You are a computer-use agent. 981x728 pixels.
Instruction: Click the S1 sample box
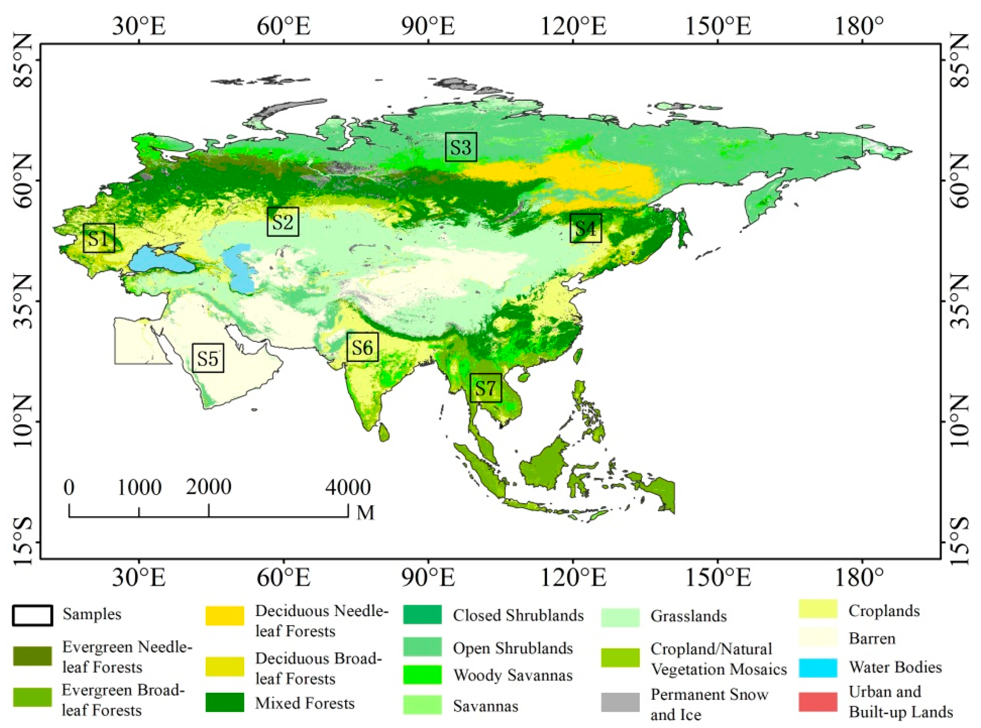pyautogui.click(x=99, y=238)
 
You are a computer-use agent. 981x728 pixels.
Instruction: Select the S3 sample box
pyautogui.click(x=461, y=147)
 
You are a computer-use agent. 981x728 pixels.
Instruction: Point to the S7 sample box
pyautogui.click(x=486, y=388)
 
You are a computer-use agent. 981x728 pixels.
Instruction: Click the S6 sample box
pyautogui.click(x=363, y=347)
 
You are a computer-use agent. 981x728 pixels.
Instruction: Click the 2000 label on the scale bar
pyautogui.click(x=208, y=487)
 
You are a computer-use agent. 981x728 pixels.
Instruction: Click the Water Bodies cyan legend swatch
pyautogui.click(x=818, y=668)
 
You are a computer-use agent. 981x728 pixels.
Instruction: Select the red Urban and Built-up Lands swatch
pyautogui.click(x=818, y=702)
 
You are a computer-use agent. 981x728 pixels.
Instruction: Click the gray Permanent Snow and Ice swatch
pyautogui.click(x=620, y=702)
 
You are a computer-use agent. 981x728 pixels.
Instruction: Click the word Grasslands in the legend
pyautogui.click(x=688, y=616)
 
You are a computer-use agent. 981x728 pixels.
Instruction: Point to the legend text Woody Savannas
pyautogui.click(x=513, y=675)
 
